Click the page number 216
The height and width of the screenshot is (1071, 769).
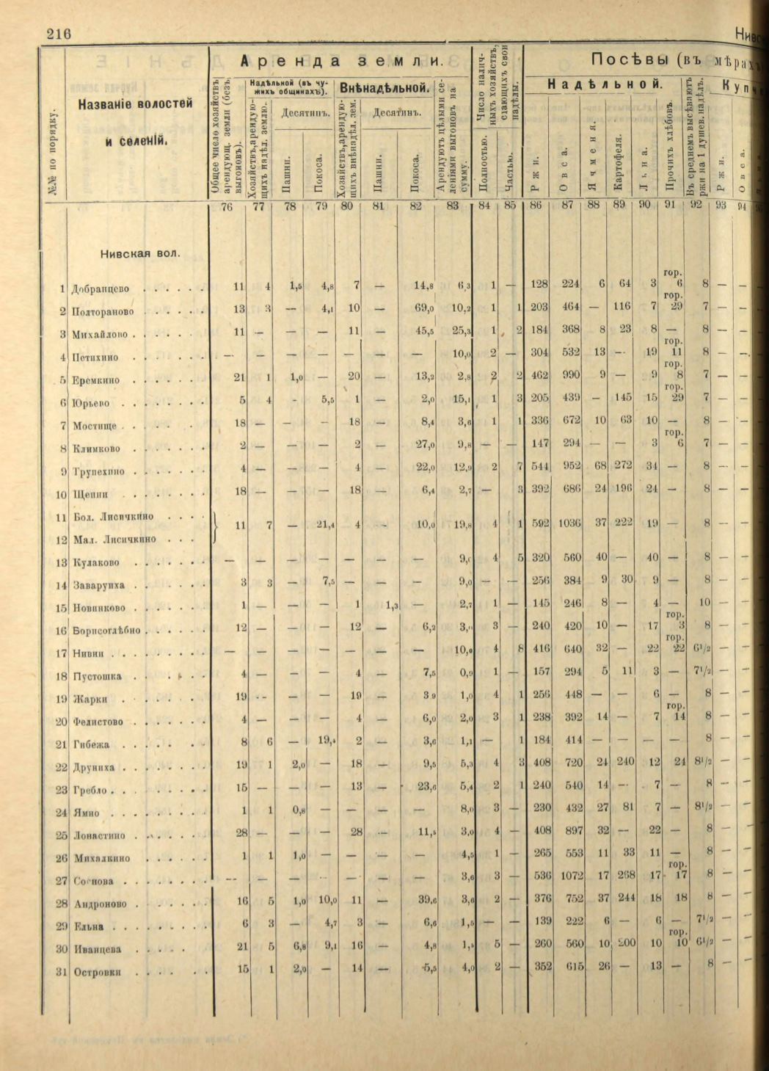[59, 35]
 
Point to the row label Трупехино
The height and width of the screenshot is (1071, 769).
[98, 472]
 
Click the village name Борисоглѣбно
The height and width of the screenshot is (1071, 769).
[106, 631]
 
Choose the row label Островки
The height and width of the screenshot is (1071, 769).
[97, 973]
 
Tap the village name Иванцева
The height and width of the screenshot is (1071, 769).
[97, 949]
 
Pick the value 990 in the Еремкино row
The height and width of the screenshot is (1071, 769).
[569, 381]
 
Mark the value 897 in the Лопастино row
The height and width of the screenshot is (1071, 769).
[569, 835]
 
